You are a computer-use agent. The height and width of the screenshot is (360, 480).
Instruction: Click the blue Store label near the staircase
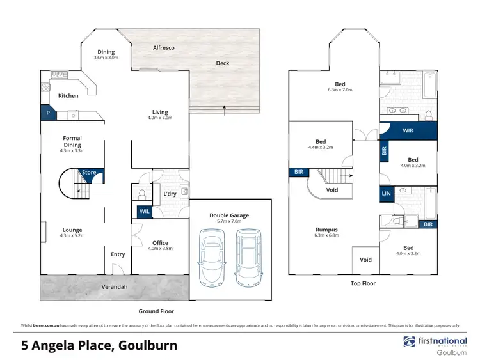click(89, 172)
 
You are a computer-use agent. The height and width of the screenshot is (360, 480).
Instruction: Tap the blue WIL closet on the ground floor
click(143, 212)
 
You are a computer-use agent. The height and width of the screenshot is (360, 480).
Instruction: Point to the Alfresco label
click(164, 48)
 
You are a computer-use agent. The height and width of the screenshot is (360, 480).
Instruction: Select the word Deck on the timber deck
click(222, 63)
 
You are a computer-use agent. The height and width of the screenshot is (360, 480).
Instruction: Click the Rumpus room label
click(326, 230)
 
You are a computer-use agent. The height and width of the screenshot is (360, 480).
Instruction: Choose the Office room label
click(160, 242)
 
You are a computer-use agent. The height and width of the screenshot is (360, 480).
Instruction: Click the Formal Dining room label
click(72, 141)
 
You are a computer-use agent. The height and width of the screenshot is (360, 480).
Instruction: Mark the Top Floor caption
click(364, 283)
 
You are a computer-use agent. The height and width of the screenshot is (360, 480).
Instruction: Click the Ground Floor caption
click(156, 311)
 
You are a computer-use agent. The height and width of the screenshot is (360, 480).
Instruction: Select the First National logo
click(433, 343)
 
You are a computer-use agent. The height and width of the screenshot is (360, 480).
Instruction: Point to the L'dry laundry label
click(170, 194)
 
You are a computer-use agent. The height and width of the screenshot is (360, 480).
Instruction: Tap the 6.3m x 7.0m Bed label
click(339, 87)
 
